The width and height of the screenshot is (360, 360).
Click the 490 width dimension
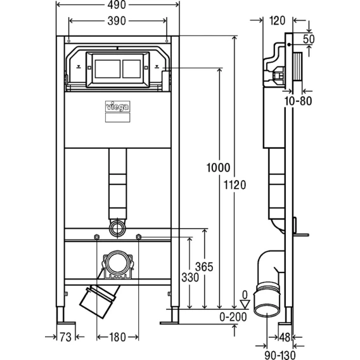(117, 5)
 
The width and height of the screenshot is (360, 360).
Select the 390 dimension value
(117, 21)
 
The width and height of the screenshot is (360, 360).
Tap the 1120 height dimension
(235, 185)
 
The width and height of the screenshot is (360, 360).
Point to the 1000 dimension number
(218, 167)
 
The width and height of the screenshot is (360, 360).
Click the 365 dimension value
(204, 267)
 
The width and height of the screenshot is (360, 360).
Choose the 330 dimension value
(190, 278)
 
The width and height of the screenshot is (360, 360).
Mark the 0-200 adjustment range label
(233, 317)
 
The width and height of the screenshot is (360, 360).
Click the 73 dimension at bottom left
(66, 337)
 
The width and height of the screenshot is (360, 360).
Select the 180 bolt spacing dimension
(117, 337)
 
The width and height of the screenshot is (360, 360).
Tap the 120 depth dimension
(278, 21)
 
